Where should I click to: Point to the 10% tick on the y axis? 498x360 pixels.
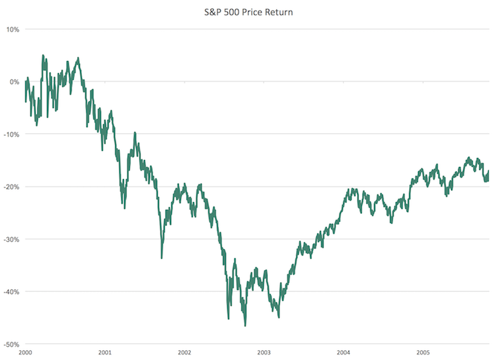pos(12,29)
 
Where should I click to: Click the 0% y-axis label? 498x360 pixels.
pos(13,82)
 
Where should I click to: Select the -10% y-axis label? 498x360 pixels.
pos(11,134)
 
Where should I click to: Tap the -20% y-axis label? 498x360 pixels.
pos(11,187)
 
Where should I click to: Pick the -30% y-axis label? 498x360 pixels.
pos(11,239)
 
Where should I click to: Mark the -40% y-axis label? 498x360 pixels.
pos(11,292)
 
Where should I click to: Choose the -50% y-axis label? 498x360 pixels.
pos(11,345)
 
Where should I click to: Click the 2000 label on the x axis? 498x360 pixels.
pos(25,352)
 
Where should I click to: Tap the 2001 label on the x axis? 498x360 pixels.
pos(105,352)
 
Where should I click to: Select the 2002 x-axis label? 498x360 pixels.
pos(184,352)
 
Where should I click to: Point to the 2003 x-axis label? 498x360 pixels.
pos(264,352)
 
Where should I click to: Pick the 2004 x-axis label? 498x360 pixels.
pos(344,352)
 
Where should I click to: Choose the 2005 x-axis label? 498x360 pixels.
pos(423,352)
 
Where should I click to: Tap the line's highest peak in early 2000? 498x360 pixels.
pos(43,55)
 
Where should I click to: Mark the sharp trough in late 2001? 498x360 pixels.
pos(162,258)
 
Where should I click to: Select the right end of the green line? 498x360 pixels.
pos(488,172)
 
